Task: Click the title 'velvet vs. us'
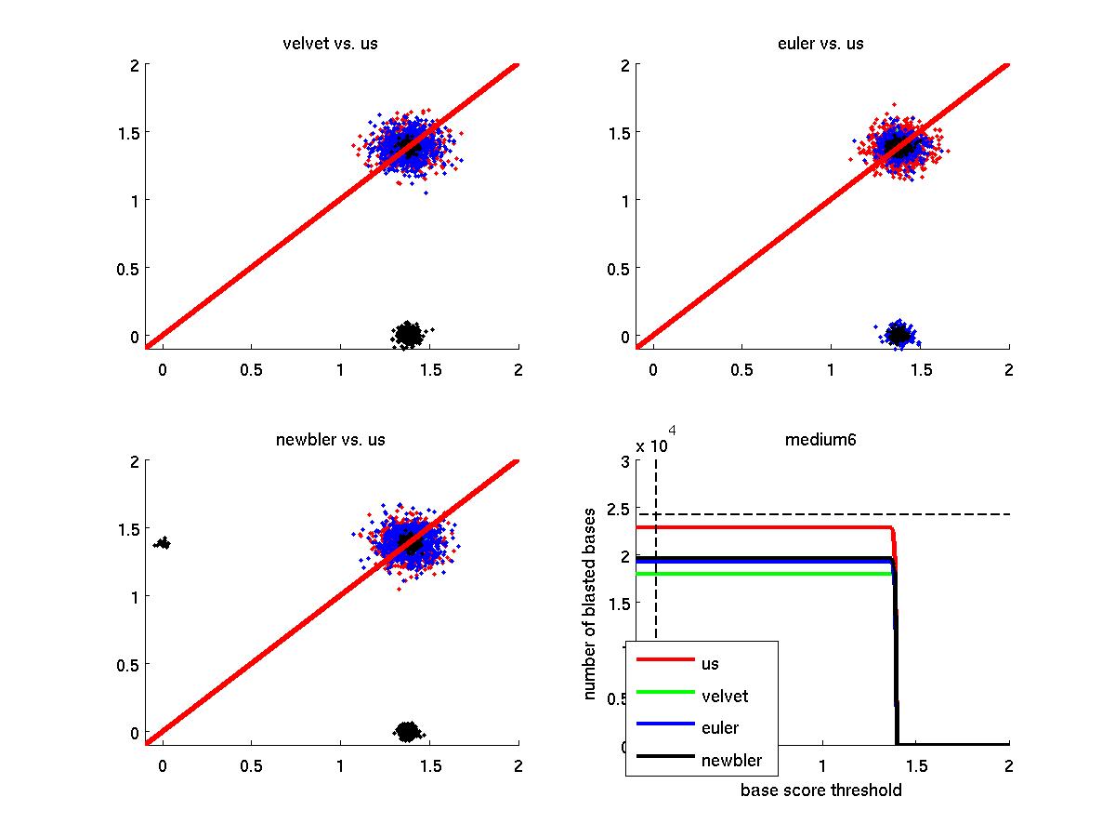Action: [x=330, y=44]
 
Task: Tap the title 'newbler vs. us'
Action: [x=330, y=440]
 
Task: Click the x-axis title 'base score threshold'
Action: [x=820, y=790]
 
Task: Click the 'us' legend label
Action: [x=710, y=663]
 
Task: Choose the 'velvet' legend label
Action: [x=725, y=696]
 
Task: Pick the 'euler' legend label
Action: [x=720, y=727]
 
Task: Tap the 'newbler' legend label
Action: [x=732, y=760]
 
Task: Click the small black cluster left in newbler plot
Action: [x=163, y=542]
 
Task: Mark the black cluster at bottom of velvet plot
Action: [x=407, y=334]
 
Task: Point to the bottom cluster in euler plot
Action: [x=899, y=333]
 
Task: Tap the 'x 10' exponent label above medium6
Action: [x=651, y=445]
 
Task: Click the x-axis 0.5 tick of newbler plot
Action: [x=251, y=766]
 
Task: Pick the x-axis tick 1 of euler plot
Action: [x=832, y=370]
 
